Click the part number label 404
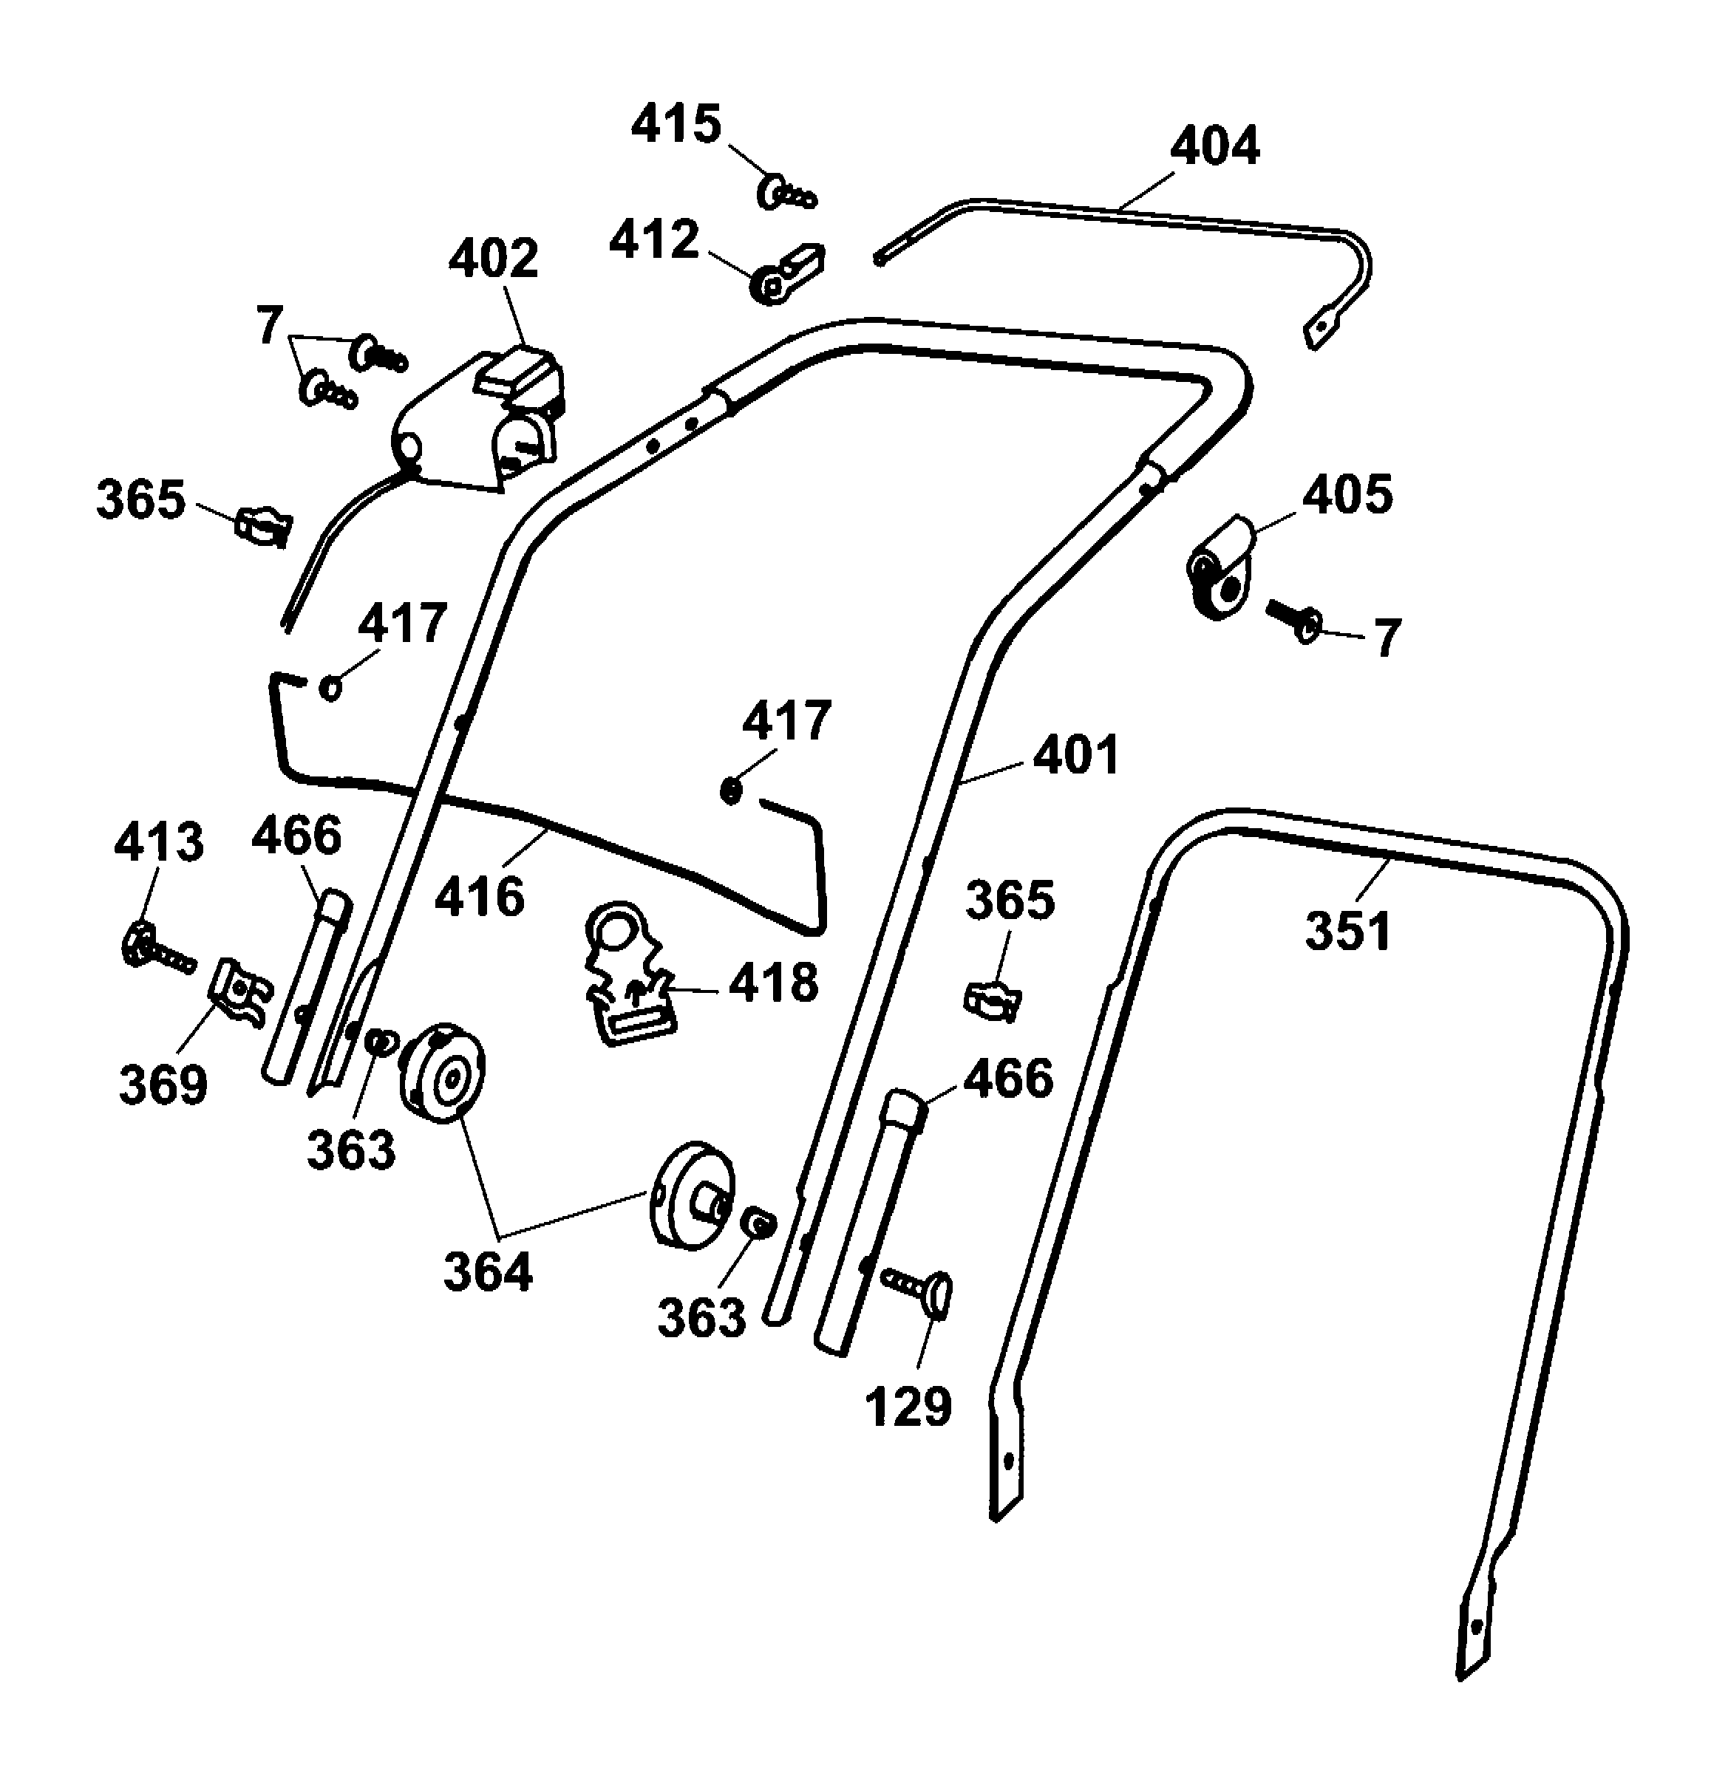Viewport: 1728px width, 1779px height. pyautogui.click(x=1214, y=147)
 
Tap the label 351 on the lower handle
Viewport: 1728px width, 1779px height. pyautogui.click(x=1347, y=932)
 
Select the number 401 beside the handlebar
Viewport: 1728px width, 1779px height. pyautogui.click(x=1077, y=755)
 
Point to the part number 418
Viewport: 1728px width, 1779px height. pyautogui.click(x=774, y=983)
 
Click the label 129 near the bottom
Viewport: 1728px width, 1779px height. pyautogui.click(x=908, y=1406)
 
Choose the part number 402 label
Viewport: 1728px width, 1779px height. pyautogui.click(x=493, y=259)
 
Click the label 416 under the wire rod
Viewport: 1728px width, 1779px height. pyautogui.click(x=480, y=897)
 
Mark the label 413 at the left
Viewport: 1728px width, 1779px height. pyautogui.click(x=159, y=842)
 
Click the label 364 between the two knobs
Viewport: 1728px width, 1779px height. pyautogui.click(x=489, y=1271)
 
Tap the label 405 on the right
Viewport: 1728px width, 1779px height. pyautogui.click(x=1347, y=496)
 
